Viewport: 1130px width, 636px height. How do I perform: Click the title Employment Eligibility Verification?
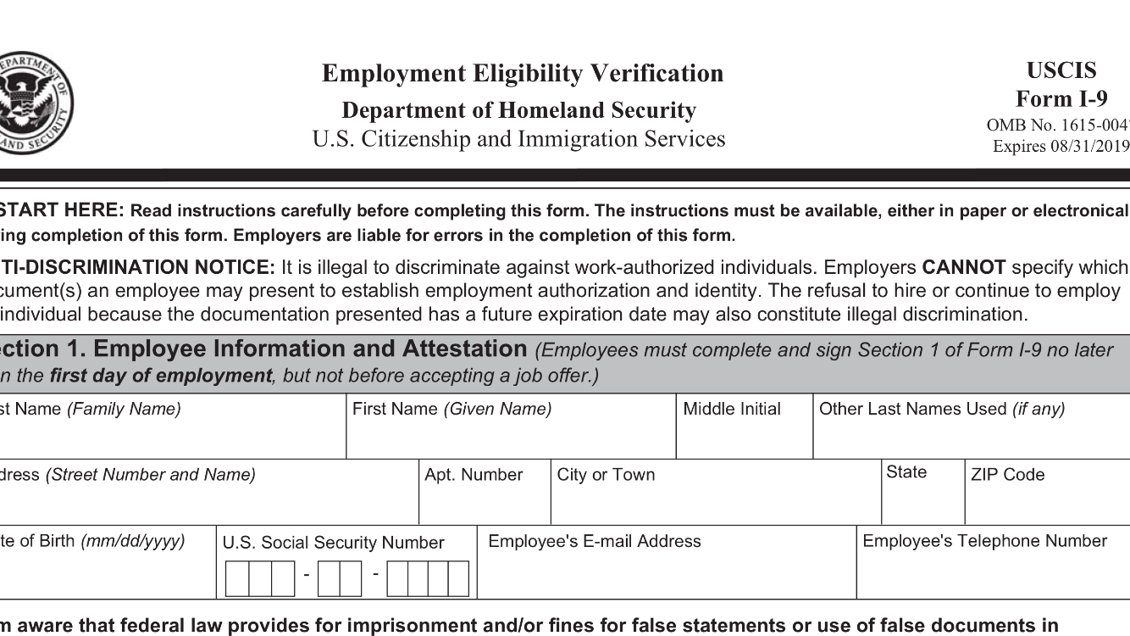tap(523, 74)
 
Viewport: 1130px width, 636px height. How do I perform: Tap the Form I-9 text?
tap(1061, 99)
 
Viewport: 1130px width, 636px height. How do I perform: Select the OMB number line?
tap(1058, 126)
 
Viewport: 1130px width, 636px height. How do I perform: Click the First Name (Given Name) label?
tap(451, 410)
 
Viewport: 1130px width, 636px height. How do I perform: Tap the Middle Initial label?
tap(732, 410)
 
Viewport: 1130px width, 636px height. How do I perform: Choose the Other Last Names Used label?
tap(942, 410)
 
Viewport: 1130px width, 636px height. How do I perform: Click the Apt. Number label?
tap(474, 475)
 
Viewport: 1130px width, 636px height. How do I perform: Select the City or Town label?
tap(606, 475)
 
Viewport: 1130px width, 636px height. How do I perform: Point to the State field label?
tap(906, 472)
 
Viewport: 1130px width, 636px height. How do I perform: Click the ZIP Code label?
tap(1008, 475)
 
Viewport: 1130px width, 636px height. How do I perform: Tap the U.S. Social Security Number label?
tap(333, 543)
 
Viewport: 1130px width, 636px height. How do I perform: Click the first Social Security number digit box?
tap(237, 578)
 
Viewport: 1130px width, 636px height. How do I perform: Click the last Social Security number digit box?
tap(458, 578)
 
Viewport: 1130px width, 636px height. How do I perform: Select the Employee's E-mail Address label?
tap(595, 541)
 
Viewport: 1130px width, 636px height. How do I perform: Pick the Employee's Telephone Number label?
tap(984, 541)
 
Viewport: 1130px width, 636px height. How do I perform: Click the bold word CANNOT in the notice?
tap(964, 268)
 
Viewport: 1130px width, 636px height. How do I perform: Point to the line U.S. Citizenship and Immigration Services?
tap(518, 139)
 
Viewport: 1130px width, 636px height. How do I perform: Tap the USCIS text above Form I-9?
tap(1061, 70)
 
